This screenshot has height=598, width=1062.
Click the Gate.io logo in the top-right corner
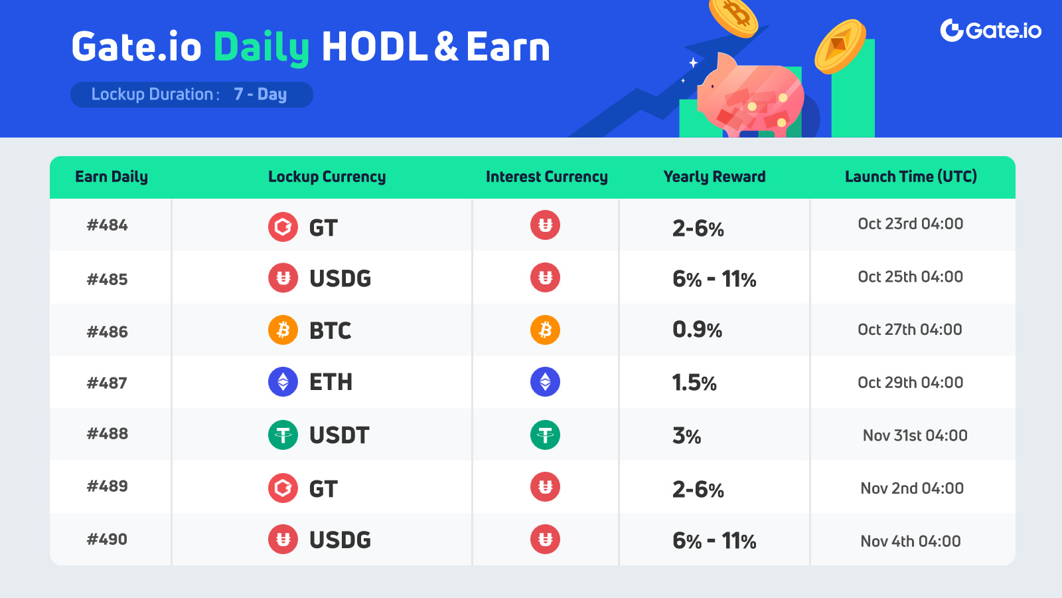[x=990, y=31]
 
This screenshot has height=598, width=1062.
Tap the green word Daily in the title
[x=262, y=48]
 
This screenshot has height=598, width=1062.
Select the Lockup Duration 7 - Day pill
[x=192, y=94]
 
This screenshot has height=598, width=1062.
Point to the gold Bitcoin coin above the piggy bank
[x=733, y=17]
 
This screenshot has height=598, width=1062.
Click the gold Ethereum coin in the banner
[x=840, y=46]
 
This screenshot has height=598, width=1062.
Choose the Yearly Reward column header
[x=714, y=177]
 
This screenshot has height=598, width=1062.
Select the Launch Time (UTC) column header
[x=911, y=177]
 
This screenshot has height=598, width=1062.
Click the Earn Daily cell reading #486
[x=107, y=332]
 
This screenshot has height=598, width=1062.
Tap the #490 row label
[x=107, y=539]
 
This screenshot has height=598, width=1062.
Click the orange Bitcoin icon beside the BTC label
[x=283, y=330]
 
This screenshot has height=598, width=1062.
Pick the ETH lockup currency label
[x=331, y=382]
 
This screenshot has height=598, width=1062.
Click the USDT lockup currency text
[x=339, y=435]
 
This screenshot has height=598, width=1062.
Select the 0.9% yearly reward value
[x=697, y=330]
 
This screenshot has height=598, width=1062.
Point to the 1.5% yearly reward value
[x=694, y=383]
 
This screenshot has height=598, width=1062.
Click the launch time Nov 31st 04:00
[x=915, y=435]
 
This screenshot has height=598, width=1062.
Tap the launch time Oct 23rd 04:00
[x=910, y=223]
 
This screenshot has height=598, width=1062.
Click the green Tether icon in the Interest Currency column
[x=545, y=435]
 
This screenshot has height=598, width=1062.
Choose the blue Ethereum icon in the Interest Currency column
[x=545, y=382]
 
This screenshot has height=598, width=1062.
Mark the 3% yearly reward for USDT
[x=686, y=436]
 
